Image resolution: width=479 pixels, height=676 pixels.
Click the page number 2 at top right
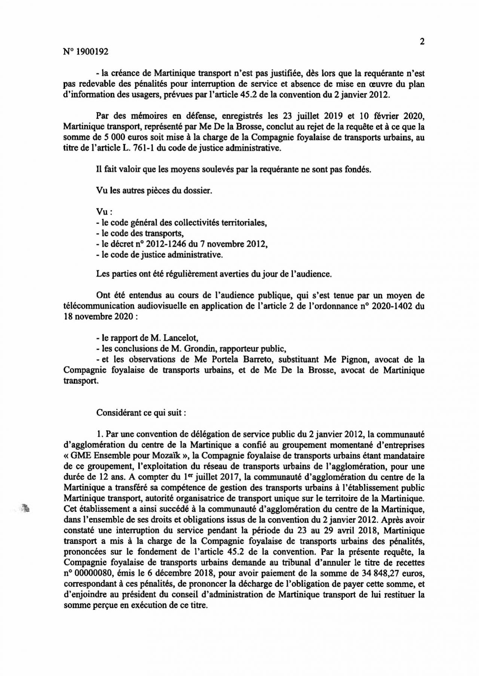coord(422,42)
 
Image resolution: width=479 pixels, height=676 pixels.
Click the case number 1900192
coord(92,52)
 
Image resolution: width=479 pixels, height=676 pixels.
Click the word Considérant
coord(118,413)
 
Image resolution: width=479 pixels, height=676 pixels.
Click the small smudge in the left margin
coord(25,508)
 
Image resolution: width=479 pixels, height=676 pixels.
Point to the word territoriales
coord(243,223)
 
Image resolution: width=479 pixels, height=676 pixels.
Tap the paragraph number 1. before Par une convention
coord(99,434)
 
